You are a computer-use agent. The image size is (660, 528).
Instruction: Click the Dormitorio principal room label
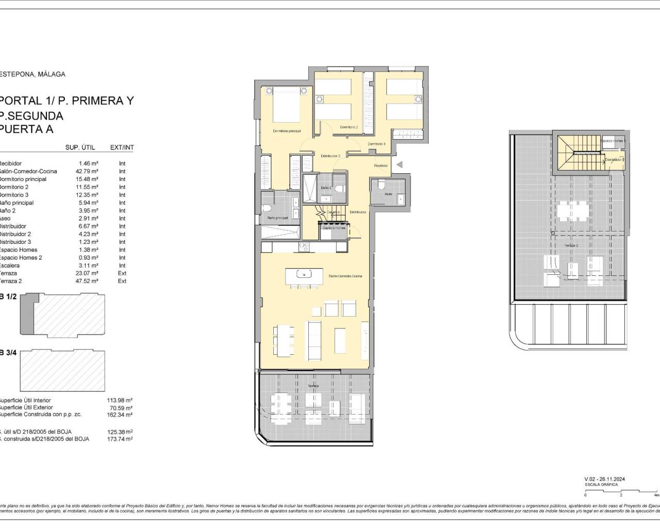[287, 131]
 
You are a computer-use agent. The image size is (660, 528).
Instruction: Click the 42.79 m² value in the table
[87, 171]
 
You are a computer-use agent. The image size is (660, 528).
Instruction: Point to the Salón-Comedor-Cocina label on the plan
[345, 276]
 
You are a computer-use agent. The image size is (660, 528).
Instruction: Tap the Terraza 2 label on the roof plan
[570, 245]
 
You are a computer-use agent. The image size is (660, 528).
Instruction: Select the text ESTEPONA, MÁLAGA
[32, 74]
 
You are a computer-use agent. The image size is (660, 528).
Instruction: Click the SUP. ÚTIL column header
[80, 147]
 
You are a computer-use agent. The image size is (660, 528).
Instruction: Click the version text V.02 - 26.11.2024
[605, 479]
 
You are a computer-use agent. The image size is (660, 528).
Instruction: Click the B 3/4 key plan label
[8, 353]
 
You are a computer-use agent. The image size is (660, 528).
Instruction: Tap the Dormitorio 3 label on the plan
[376, 144]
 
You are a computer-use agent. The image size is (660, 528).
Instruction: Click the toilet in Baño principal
[267, 208]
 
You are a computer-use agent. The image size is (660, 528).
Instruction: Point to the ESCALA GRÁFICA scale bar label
[597, 485]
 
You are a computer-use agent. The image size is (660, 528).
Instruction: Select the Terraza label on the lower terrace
[313, 386]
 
